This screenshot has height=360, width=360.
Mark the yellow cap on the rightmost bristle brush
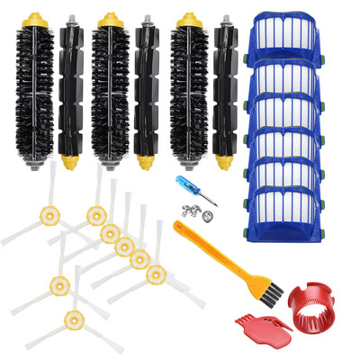tap(187, 20)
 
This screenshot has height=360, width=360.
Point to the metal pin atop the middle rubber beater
tap(148, 20)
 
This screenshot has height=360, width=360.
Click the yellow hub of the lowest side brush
tap(72, 317)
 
